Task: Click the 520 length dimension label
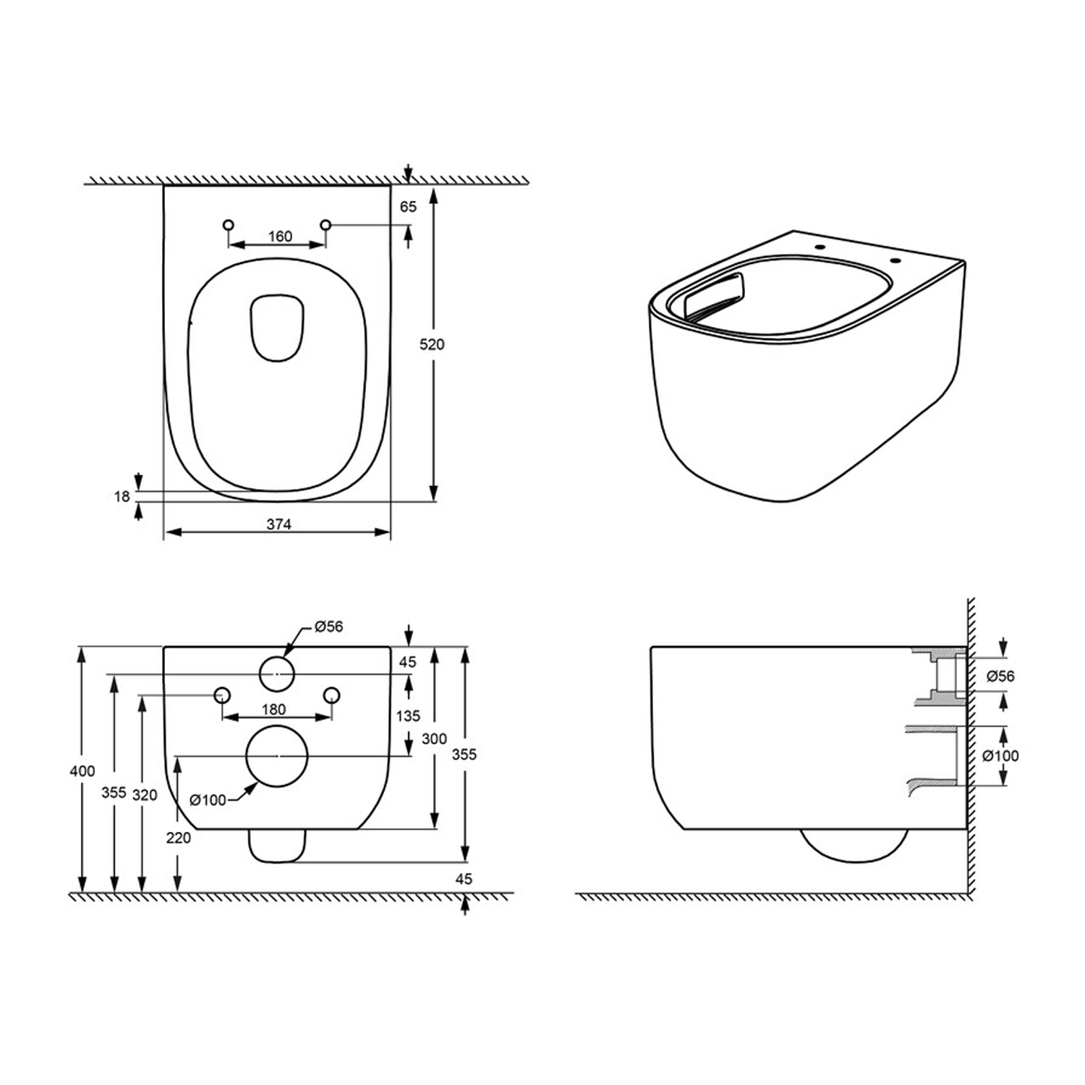[x=432, y=344]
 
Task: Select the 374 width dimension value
[x=278, y=524]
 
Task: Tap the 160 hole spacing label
[x=280, y=237]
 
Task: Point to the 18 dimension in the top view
[x=122, y=496]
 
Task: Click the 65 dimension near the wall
[x=408, y=207]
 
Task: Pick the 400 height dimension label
[x=82, y=771]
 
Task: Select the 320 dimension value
[x=145, y=795]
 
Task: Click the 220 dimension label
[x=178, y=838]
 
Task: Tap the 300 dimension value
[x=434, y=739]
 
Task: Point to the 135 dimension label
[x=408, y=715]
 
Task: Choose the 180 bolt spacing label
[x=273, y=710]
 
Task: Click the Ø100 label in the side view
[x=1000, y=756]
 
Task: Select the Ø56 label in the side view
[x=1000, y=676]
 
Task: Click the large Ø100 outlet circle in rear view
[x=277, y=756]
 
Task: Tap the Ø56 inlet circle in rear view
[x=276, y=673]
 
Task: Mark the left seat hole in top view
[x=229, y=225]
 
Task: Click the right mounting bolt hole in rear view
[x=331, y=695]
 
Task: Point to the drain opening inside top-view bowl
[x=277, y=328]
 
